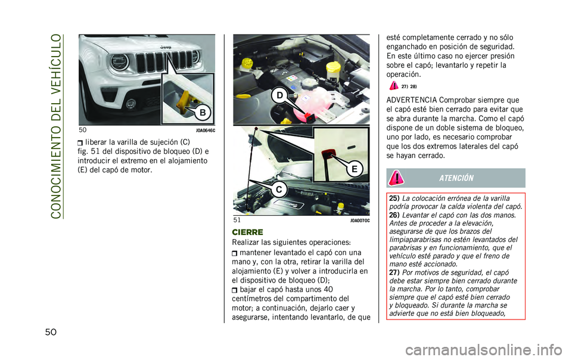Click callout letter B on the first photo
(x=203, y=111)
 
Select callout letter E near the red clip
(x=355, y=169)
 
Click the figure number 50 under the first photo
(x=82, y=130)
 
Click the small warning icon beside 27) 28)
(x=394, y=86)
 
